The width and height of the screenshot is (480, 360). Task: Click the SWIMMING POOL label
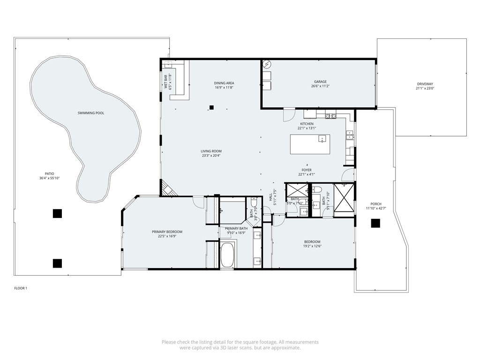click(90, 113)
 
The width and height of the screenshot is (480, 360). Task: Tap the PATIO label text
click(49, 174)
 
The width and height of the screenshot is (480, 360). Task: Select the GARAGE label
click(320, 82)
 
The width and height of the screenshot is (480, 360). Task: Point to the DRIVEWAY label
click(425, 84)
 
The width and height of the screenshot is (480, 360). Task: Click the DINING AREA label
click(224, 83)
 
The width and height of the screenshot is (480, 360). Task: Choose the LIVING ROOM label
click(210, 151)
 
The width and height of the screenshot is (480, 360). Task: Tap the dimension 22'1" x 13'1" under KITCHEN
click(307, 128)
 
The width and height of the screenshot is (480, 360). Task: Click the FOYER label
click(307, 170)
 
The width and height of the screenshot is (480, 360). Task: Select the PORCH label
click(376, 204)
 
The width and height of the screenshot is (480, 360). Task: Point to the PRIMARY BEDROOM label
click(167, 232)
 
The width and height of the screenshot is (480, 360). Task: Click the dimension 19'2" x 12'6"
click(312, 246)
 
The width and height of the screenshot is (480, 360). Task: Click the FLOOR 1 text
click(21, 288)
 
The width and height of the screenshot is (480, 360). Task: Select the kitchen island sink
click(322, 138)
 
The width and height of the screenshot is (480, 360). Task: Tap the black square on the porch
click(375, 224)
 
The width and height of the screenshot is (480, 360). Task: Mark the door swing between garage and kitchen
click(289, 114)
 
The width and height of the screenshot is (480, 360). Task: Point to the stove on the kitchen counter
click(330, 115)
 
